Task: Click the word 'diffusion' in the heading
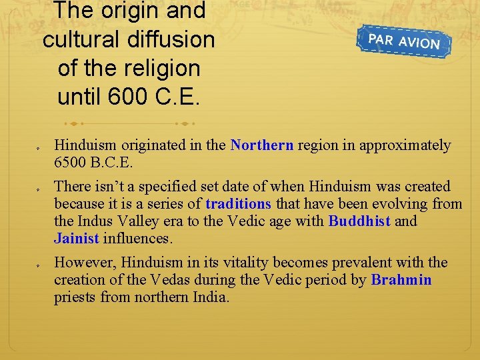click(173, 39)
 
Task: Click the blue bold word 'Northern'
click(262, 145)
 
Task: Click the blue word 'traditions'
click(239, 204)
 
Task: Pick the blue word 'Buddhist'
click(359, 221)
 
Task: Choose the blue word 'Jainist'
click(77, 239)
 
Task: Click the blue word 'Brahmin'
click(401, 280)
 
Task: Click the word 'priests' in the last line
click(75, 297)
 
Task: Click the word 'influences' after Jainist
click(136, 239)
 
